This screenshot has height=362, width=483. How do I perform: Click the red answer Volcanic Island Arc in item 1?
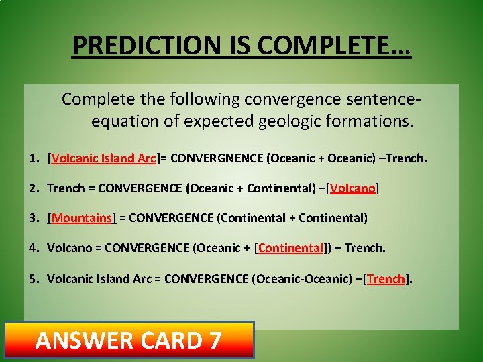[x=103, y=158]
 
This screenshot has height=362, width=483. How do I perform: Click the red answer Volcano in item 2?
[x=353, y=188]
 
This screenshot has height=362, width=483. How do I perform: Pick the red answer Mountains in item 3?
[x=82, y=218]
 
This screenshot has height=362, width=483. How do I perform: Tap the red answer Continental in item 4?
[x=290, y=248]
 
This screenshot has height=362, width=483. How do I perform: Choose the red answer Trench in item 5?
[x=386, y=278]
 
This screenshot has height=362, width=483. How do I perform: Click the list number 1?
[x=33, y=158]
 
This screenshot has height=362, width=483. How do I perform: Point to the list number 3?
[x=33, y=218]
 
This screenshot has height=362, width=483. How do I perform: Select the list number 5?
[x=33, y=278]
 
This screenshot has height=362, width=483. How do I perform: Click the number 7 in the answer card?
[x=215, y=341]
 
